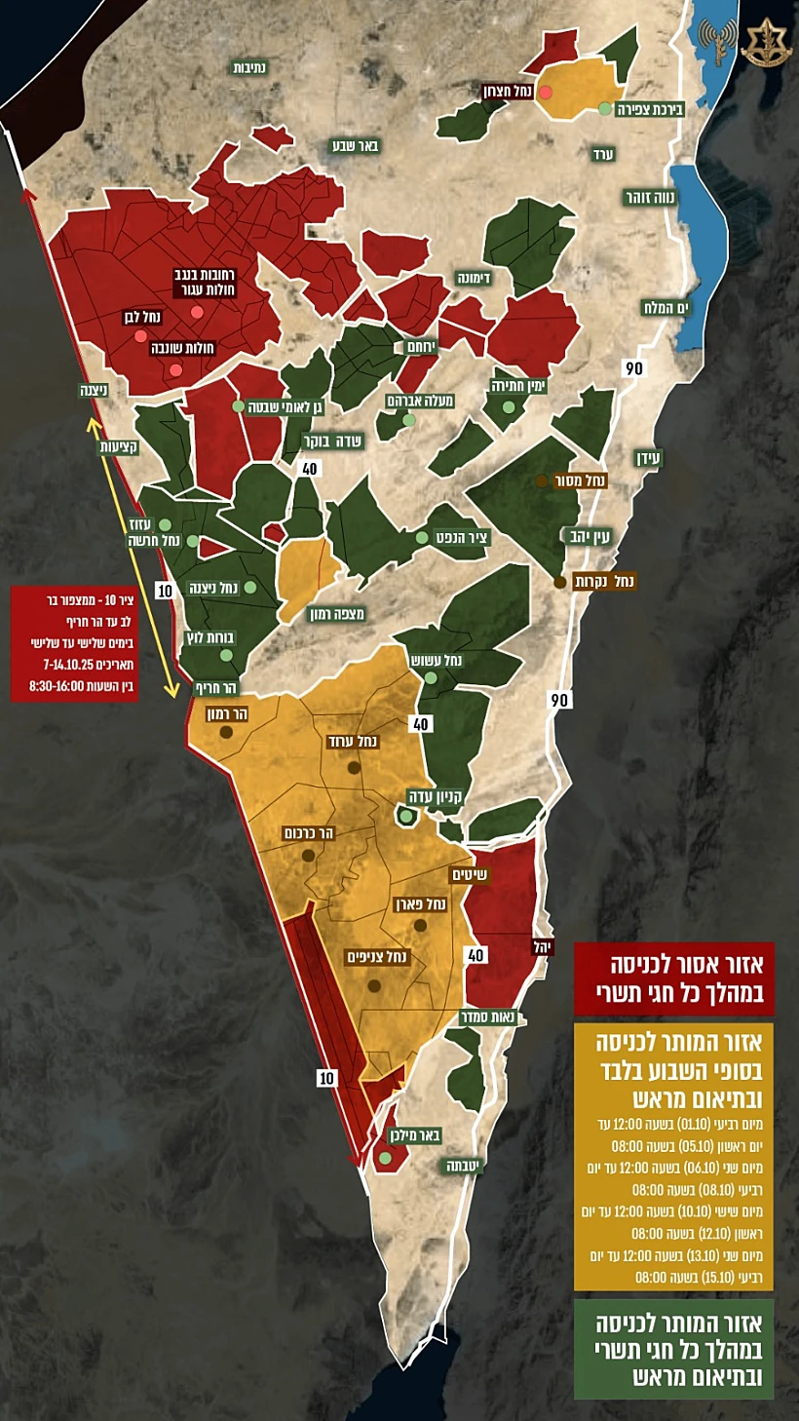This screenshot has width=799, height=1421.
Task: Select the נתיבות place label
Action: click(256, 67)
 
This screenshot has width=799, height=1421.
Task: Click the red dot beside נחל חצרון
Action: click(547, 92)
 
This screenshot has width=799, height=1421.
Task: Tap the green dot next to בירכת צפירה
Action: click(605, 108)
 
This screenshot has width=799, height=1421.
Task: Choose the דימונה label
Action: click(474, 278)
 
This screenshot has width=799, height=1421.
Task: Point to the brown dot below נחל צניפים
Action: click(373, 985)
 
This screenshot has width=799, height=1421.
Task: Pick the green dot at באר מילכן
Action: click(385, 1158)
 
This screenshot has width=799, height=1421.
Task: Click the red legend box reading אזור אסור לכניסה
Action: click(673, 979)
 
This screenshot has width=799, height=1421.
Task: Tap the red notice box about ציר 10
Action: click(58, 644)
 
